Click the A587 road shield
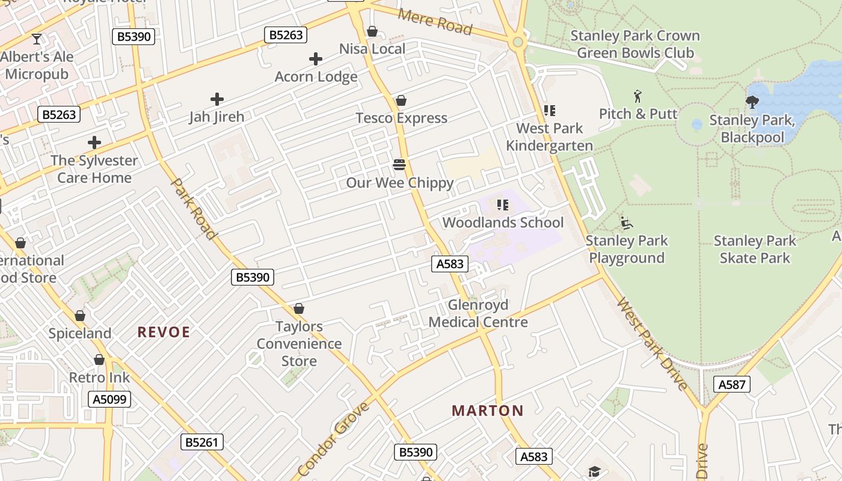(x=732, y=384)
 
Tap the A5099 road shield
(x=109, y=399)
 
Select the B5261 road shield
(x=202, y=443)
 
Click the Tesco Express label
(x=401, y=118)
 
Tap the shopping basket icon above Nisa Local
(x=372, y=31)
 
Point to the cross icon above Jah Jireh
(x=217, y=99)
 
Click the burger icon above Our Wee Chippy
(x=399, y=165)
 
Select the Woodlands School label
(x=503, y=222)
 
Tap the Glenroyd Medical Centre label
(x=478, y=313)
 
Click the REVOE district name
(x=164, y=332)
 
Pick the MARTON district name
(x=488, y=411)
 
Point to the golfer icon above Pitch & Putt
(x=638, y=96)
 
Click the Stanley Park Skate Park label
(x=755, y=250)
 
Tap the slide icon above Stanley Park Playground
(x=626, y=223)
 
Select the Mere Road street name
(x=435, y=22)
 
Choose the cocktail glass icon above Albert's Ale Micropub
(x=37, y=39)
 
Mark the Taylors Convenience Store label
(x=299, y=344)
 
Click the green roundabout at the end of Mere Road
(x=517, y=42)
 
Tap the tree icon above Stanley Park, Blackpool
(x=752, y=102)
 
